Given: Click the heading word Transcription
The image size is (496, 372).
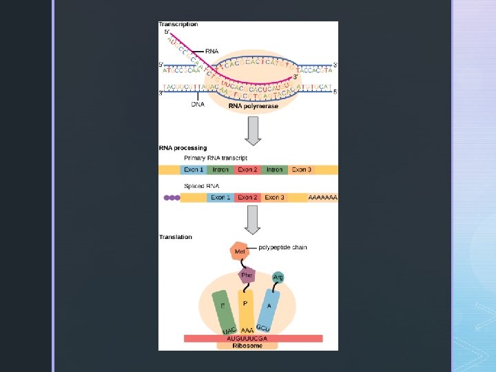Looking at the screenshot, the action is (178, 24).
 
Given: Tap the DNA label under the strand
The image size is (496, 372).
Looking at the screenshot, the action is (198, 105).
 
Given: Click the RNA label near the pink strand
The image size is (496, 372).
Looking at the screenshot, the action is (212, 50).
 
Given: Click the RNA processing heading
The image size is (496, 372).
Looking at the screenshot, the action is (183, 147).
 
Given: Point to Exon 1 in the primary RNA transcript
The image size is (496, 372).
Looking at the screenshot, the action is (194, 169).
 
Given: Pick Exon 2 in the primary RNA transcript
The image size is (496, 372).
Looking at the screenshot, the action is (247, 169).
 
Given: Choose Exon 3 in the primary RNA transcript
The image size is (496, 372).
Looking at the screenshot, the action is (301, 169).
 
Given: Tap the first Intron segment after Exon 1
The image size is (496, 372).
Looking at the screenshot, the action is (220, 169).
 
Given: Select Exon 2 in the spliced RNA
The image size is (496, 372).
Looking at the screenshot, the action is (247, 198).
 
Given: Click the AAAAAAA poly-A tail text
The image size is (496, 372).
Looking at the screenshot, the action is (323, 198).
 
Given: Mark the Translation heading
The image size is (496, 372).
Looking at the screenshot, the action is (176, 237).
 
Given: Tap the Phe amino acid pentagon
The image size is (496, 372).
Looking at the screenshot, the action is (247, 276).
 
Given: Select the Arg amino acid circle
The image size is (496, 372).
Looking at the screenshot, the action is (278, 278).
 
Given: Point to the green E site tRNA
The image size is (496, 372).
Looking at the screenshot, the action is (222, 307).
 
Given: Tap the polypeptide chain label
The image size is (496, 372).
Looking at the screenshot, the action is (283, 247).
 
